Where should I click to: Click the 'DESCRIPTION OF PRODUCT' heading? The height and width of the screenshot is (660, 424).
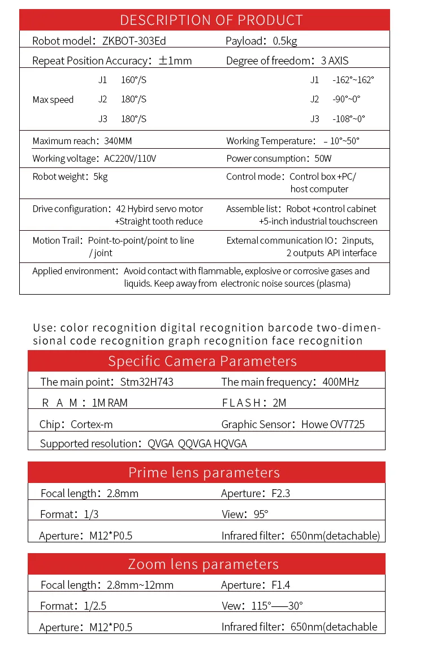tap(211, 20)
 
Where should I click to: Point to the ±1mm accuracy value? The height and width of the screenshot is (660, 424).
tap(175, 61)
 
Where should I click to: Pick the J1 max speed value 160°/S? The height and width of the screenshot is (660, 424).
tap(133, 80)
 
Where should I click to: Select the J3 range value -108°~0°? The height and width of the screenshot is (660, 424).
tap(349, 119)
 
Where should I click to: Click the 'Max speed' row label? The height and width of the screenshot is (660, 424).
tap(53, 100)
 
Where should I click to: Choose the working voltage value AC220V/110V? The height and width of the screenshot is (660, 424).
tap(131, 158)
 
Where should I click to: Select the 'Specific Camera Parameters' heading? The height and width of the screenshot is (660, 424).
tap(202, 361)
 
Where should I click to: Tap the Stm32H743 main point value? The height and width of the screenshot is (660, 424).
tap(147, 382)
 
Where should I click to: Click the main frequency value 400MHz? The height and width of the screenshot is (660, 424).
tap(340, 382)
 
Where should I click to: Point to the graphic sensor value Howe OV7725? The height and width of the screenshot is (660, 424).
tap(333, 424)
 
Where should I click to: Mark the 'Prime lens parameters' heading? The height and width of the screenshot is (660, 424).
tap(204, 472)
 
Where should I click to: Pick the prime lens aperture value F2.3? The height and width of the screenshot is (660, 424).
tap(280, 493)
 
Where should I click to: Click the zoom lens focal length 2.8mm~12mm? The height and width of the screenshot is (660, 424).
tap(140, 585)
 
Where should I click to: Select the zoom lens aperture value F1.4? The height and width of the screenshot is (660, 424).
tap(280, 585)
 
